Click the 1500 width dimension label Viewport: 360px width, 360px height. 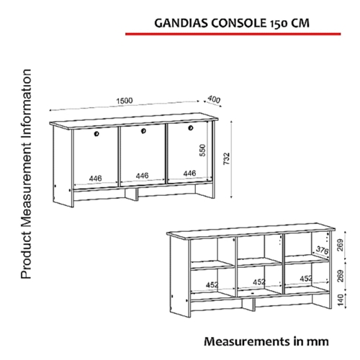(125, 101)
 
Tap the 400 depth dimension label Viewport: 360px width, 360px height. (214, 99)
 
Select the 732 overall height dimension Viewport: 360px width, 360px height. (227, 158)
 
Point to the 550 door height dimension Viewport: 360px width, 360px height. (203, 150)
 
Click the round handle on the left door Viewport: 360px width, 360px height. (96, 134)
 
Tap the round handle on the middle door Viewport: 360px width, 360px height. (143, 131)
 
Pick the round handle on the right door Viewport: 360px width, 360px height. (191, 127)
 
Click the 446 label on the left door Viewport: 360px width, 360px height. (96, 179)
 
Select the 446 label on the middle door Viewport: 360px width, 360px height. (142, 176)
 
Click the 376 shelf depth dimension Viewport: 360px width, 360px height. (322, 251)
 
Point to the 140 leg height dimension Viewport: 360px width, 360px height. (341, 300)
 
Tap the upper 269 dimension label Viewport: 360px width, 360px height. (341, 245)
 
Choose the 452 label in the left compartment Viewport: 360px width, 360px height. (212, 285)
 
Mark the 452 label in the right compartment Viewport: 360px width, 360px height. (306, 279)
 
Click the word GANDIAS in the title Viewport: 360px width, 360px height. (181, 23)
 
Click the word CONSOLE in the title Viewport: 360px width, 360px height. (239, 23)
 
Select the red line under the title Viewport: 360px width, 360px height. (233, 34)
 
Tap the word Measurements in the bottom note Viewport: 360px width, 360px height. (247, 341)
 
